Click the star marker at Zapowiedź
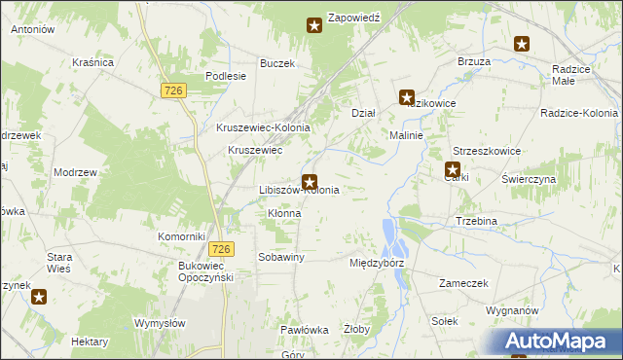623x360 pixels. (314, 25)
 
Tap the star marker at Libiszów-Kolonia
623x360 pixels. (310, 181)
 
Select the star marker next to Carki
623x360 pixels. (453, 168)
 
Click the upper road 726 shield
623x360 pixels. (174, 90)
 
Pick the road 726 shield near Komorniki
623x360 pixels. (221, 249)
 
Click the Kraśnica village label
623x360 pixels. (93, 62)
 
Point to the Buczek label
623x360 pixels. (276, 63)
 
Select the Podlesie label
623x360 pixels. (224, 76)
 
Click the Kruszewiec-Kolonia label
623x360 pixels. (263, 127)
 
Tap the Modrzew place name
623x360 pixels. (76, 171)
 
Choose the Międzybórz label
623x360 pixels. (376, 263)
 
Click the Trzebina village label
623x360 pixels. (477, 221)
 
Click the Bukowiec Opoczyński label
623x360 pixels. (202, 271)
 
